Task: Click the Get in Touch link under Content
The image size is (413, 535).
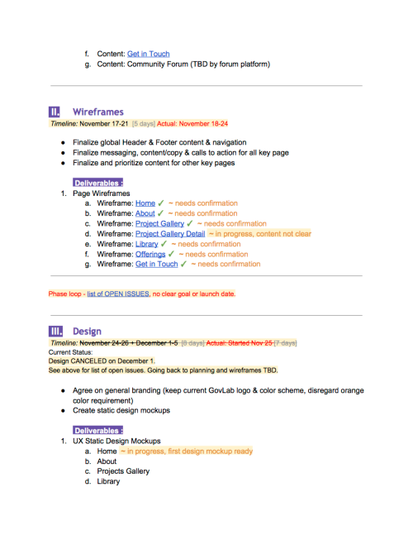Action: pos(148,54)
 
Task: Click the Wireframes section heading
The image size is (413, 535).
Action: pos(97,112)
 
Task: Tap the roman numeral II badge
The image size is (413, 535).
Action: pos(55,112)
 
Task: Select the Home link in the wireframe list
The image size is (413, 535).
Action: pos(145,203)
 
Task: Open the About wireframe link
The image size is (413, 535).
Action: pos(145,213)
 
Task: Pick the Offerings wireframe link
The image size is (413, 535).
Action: pos(150,255)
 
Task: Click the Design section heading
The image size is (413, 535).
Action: pos(88,332)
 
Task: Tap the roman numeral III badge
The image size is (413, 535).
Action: pos(56,332)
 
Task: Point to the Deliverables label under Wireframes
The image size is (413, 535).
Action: pos(98,183)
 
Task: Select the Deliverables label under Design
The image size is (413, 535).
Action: pos(98,430)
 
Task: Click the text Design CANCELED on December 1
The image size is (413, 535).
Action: pos(102,361)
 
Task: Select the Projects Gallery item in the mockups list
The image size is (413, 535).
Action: pos(124,471)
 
